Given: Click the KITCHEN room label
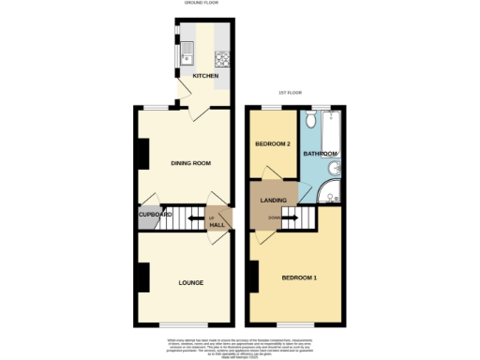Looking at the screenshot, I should click(205, 76).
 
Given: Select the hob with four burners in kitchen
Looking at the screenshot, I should click(221, 57).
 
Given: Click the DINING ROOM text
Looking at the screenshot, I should click(189, 163).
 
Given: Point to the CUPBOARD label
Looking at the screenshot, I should click(155, 215).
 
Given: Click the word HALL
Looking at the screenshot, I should click(217, 226).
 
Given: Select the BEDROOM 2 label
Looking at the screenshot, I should click(274, 143).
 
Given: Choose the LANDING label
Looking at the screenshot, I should click(274, 201).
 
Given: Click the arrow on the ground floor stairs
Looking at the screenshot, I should click(193, 220).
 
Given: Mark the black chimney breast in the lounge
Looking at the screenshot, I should click(143, 277).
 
